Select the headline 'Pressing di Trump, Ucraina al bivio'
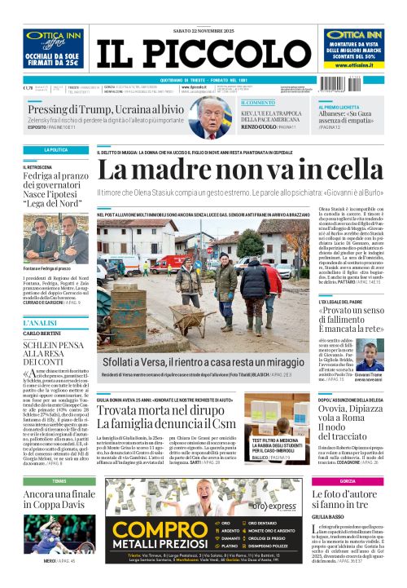(x=105, y=109)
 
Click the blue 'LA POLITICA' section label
(x=55, y=150)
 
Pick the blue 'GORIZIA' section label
(x=348, y=482)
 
